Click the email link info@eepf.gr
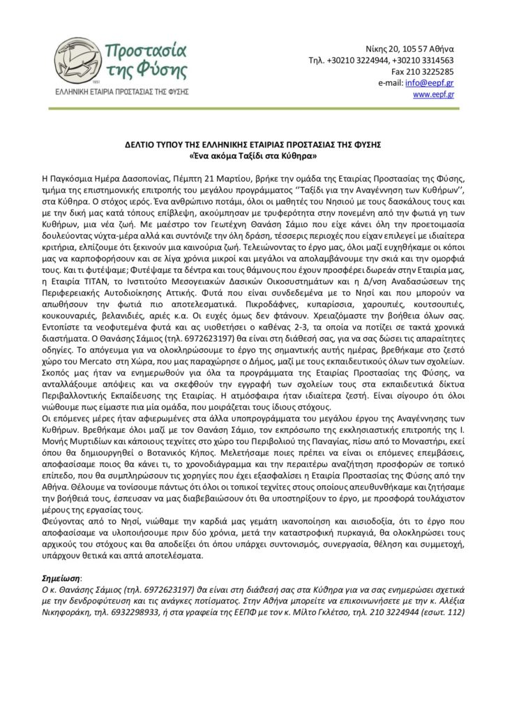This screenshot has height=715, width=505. click(x=436, y=82)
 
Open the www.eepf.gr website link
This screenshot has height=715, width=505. click(x=433, y=94)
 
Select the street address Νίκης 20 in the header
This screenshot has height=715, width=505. click(x=388, y=49)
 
